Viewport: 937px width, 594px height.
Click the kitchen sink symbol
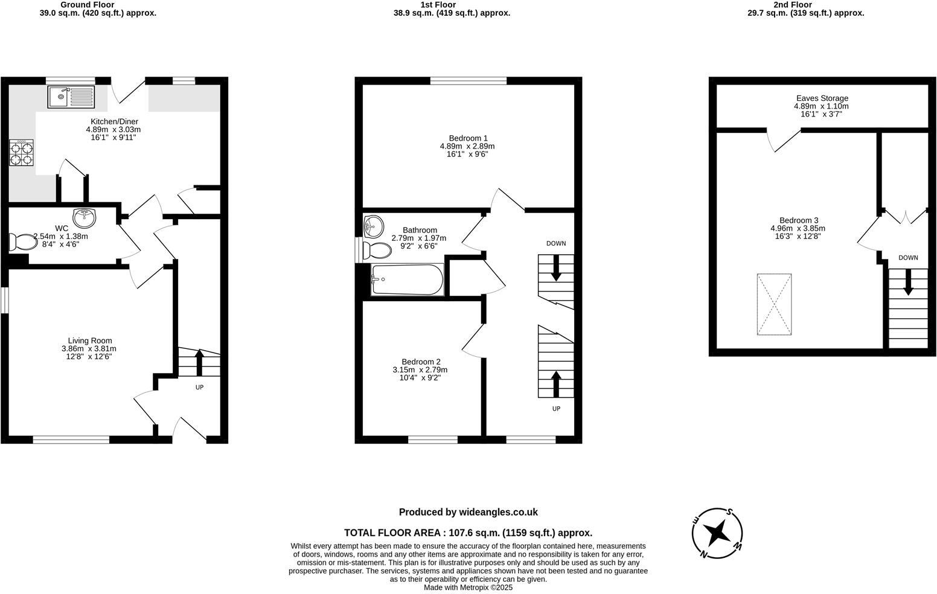pos(71,97)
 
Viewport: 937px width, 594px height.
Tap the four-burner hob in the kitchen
pos(21,152)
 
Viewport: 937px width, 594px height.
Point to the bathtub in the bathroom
pos(408,279)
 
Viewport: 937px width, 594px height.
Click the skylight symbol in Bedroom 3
pos(774,304)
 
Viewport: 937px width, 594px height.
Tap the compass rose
pos(717,533)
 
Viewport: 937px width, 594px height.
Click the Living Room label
pos(89,340)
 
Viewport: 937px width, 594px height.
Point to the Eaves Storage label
pos(822,98)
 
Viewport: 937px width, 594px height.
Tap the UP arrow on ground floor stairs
pos(199,363)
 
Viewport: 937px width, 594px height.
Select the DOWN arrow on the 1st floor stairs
pos(556,268)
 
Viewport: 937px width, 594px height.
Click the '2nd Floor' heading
pos(805,4)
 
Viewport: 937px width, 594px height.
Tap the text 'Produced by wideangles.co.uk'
pos(468,512)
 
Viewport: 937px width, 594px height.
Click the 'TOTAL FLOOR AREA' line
pos(468,532)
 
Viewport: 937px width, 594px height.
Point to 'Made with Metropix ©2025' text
pos(468,587)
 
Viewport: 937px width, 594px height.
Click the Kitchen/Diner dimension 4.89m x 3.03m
pos(114,129)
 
